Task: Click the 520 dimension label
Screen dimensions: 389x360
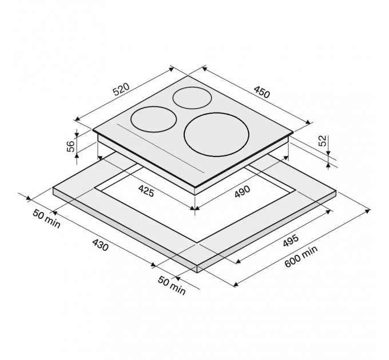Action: [x=121, y=90]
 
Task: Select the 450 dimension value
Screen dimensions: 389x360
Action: [x=261, y=91]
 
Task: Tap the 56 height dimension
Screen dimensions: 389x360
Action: [x=71, y=146]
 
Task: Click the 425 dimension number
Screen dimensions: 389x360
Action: [x=146, y=191]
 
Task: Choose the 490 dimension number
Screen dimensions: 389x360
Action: [x=243, y=191]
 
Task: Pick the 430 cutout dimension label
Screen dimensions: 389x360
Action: [x=101, y=245]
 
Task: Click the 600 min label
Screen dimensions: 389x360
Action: [x=301, y=257]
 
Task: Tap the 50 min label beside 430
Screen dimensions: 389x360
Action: [x=46, y=219]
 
